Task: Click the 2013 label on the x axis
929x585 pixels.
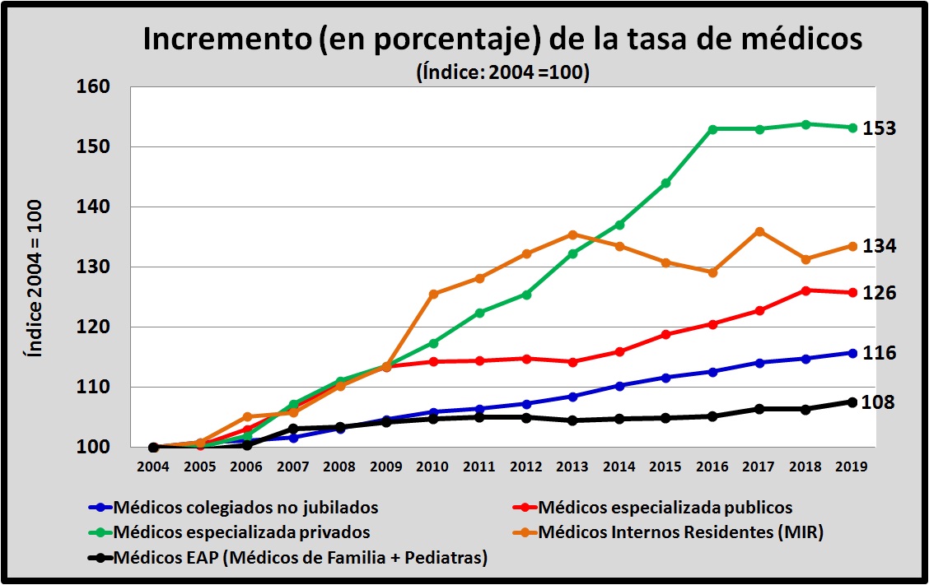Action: coord(572,466)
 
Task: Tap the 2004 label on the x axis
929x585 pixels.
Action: coord(153,466)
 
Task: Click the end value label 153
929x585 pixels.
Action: coord(880,129)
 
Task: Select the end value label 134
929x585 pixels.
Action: coord(880,246)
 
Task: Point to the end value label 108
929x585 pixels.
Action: coord(880,402)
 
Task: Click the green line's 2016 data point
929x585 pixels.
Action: coord(712,129)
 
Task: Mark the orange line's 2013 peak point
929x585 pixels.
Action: coord(572,234)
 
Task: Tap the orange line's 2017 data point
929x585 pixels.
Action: coord(759,231)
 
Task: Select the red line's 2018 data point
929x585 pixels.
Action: coord(806,290)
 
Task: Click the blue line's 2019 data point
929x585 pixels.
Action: coord(852,353)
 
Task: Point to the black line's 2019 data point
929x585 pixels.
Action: coord(852,402)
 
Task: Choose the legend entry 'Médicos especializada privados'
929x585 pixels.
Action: coord(242,532)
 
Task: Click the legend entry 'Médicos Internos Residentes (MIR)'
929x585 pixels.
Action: coord(680,532)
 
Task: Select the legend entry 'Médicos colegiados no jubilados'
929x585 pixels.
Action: coord(246,507)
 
